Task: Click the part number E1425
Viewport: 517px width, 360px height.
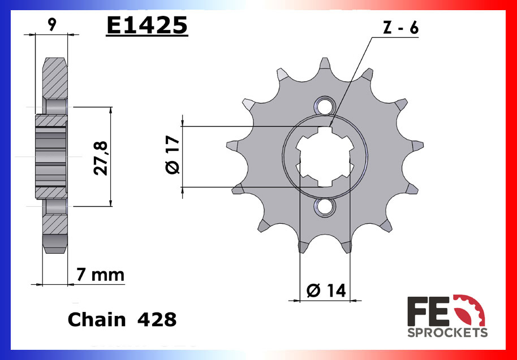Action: pyautogui.click(x=147, y=25)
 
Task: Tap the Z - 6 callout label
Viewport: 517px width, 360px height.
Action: pyautogui.click(x=400, y=28)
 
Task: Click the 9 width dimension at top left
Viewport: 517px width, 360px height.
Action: pyautogui.click(x=52, y=24)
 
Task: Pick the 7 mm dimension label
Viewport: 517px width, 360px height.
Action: pyautogui.click(x=100, y=275)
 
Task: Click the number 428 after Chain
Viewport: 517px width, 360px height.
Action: pyautogui.click(x=157, y=320)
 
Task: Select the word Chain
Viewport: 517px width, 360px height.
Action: pyautogui.click(x=96, y=320)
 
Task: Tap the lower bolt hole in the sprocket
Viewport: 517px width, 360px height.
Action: pyautogui.click(x=325, y=207)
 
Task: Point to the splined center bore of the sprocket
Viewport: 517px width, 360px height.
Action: pyautogui.click(x=325, y=157)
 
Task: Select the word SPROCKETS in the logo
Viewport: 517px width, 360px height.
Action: pyautogui.click(x=447, y=332)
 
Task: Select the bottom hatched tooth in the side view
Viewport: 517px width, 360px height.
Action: pyautogui.click(x=55, y=232)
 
